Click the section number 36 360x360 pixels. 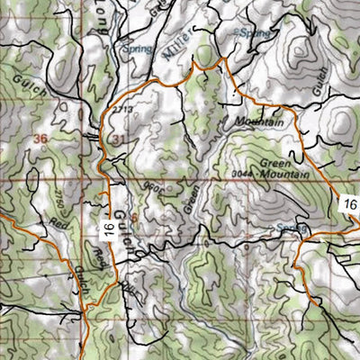pyautogui.click(x=39, y=139)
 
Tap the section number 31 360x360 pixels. pyautogui.click(x=120, y=139)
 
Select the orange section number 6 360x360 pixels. pyautogui.click(x=133, y=217)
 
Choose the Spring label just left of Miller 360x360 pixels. pyautogui.click(x=137, y=49)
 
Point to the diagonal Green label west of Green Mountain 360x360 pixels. pyautogui.click(x=191, y=199)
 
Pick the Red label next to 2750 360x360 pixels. pyautogui.click(x=61, y=222)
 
